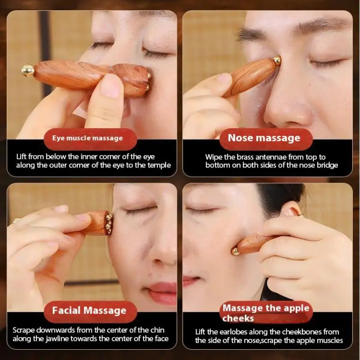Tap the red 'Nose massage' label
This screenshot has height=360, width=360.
pos(264,138)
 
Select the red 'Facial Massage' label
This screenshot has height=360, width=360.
pos(89,310)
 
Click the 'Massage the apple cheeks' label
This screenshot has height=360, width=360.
pos(266,313)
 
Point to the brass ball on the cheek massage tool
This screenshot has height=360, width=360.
pos(235,251)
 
